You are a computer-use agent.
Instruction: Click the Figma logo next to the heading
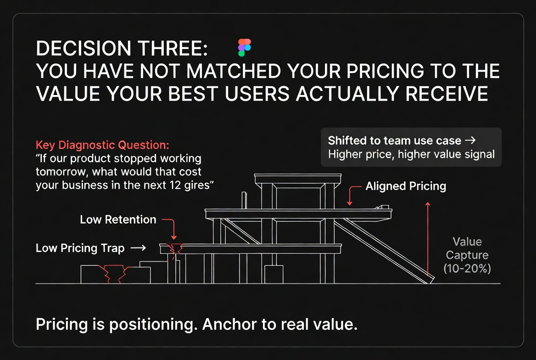(x=245, y=48)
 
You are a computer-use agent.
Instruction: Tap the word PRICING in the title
(x=385, y=71)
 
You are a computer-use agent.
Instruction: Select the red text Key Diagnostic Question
(x=102, y=145)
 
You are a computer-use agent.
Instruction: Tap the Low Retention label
(x=118, y=219)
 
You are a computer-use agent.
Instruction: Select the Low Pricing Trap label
(x=80, y=248)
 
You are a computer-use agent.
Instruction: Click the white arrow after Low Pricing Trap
(x=139, y=248)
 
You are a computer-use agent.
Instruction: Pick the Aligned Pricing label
(x=406, y=186)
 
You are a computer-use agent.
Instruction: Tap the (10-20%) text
(x=467, y=268)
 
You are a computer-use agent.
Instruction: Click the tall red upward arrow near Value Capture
(x=428, y=239)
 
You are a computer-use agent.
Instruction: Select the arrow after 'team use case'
(x=470, y=140)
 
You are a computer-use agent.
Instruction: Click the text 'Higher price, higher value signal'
(x=411, y=154)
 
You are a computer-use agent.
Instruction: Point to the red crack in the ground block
(x=112, y=273)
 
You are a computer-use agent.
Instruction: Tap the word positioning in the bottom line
(x=153, y=325)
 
